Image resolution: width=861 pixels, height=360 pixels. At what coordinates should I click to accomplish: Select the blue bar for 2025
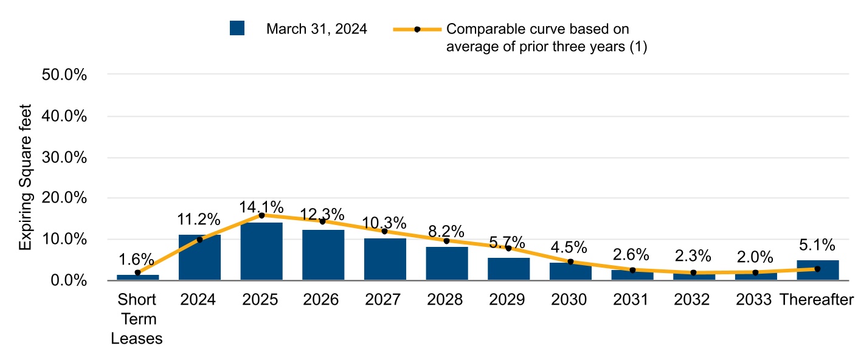pyautogui.click(x=261, y=251)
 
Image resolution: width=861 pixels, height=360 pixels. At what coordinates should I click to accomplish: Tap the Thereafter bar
pyautogui.click(x=817, y=270)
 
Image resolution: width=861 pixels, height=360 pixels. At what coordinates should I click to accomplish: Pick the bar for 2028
pyautogui.click(x=446, y=263)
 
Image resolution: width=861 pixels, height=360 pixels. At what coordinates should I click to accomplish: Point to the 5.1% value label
pyautogui.click(x=817, y=245)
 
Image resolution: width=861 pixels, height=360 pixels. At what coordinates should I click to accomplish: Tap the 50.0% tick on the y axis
pyautogui.click(x=65, y=75)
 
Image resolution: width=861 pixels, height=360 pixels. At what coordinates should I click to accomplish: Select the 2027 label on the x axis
pyautogui.click(x=384, y=300)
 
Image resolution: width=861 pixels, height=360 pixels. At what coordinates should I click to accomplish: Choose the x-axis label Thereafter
pyautogui.click(x=817, y=300)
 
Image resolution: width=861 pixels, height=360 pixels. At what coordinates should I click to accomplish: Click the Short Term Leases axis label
pyautogui.click(x=137, y=319)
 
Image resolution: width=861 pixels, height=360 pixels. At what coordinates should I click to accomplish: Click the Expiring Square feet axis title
pyautogui.click(x=25, y=177)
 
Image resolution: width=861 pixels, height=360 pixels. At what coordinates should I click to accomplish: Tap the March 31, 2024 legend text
pyautogui.click(x=316, y=29)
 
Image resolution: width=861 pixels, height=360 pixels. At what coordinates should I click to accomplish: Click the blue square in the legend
pyautogui.click(x=237, y=29)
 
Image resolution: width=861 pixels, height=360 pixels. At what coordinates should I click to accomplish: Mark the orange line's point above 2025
pyautogui.click(x=261, y=215)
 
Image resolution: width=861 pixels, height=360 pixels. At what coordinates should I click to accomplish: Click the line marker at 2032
pyautogui.click(x=693, y=273)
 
